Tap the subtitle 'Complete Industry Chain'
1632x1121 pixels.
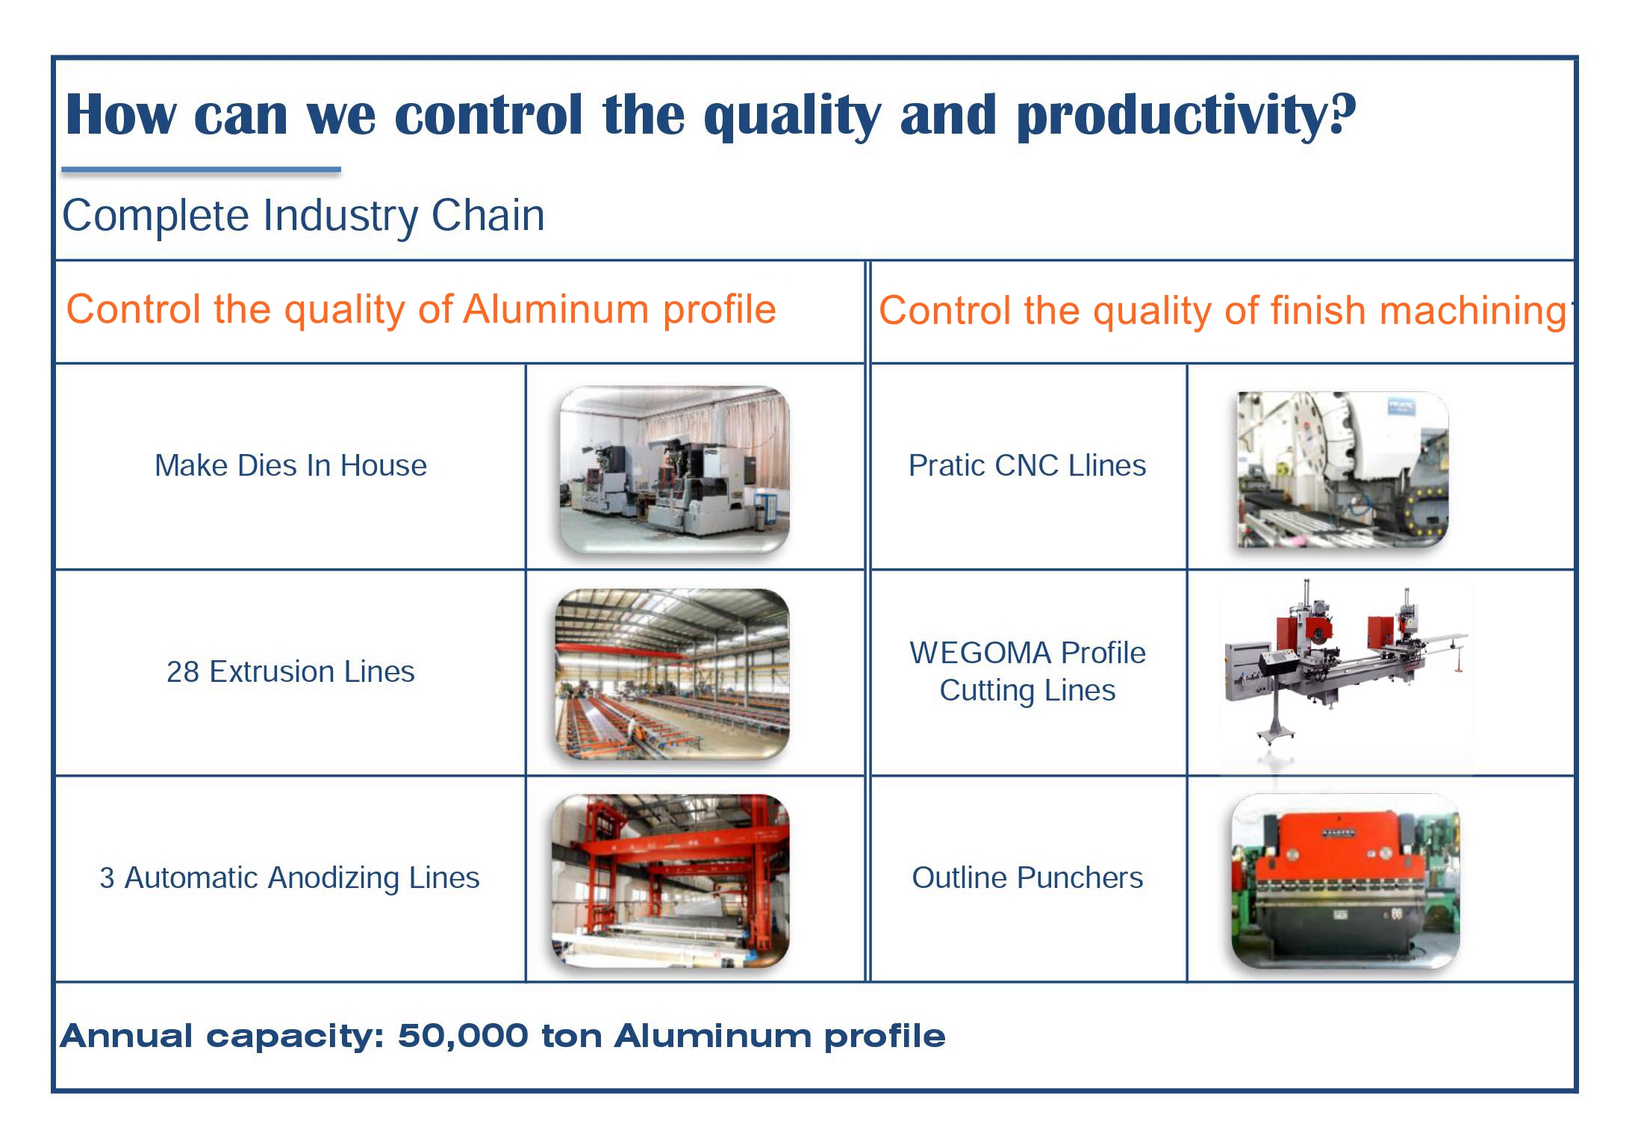coord(303,216)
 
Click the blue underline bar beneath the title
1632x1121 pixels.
coord(201,170)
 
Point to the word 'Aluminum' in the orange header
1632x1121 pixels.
coord(557,309)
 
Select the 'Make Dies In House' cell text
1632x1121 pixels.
coord(290,465)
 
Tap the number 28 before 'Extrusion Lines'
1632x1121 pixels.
coord(183,671)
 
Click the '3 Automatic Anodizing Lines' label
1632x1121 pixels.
coord(290,878)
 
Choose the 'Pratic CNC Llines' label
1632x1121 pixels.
coord(1027,465)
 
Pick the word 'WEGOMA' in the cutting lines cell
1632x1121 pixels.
coord(981,653)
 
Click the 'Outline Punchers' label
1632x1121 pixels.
coord(1027,878)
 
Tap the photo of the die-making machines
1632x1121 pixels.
coord(675,470)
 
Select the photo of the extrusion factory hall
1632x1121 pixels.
coord(672,674)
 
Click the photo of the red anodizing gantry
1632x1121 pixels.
coord(670,881)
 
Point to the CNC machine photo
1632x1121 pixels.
coord(1342,469)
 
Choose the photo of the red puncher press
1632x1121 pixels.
coord(1345,881)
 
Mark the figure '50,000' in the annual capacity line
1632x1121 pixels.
coord(463,1036)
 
